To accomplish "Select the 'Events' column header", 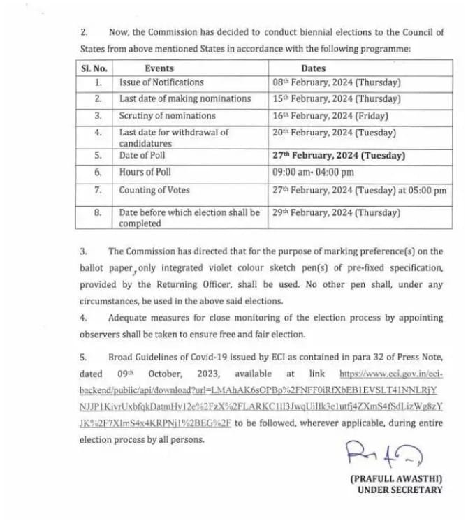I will pyautogui.click(x=159, y=68).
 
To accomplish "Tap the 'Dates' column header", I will pyautogui.click(x=313, y=68).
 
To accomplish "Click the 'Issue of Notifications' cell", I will pyautogui.click(x=161, y=82).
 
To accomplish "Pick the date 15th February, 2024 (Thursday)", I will pyautogui.click(x=337, y=99).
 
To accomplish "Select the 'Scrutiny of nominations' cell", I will pyautogui.click(x=168, y=116).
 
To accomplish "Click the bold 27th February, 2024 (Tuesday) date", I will pyautogui.click(x=339, y=156).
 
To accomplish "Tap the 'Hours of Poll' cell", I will pyautogui.click(x=145, y=173).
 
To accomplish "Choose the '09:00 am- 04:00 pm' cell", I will pyautogui.click(x=314, y=173).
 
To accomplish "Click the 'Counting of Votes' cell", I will pyautogui.click(x=154, y=190).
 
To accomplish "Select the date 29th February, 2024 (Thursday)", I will pyautogui.click(x=337, y=212).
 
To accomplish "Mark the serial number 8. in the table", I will pyautogui.click(x=98, y=212).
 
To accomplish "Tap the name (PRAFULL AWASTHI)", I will pyautogui.click(x=396, y=478).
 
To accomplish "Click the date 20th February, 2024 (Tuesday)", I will pyautogui.click(x=335, y=132).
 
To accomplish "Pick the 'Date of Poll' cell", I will pyautogui.click(x=142, y=156).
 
